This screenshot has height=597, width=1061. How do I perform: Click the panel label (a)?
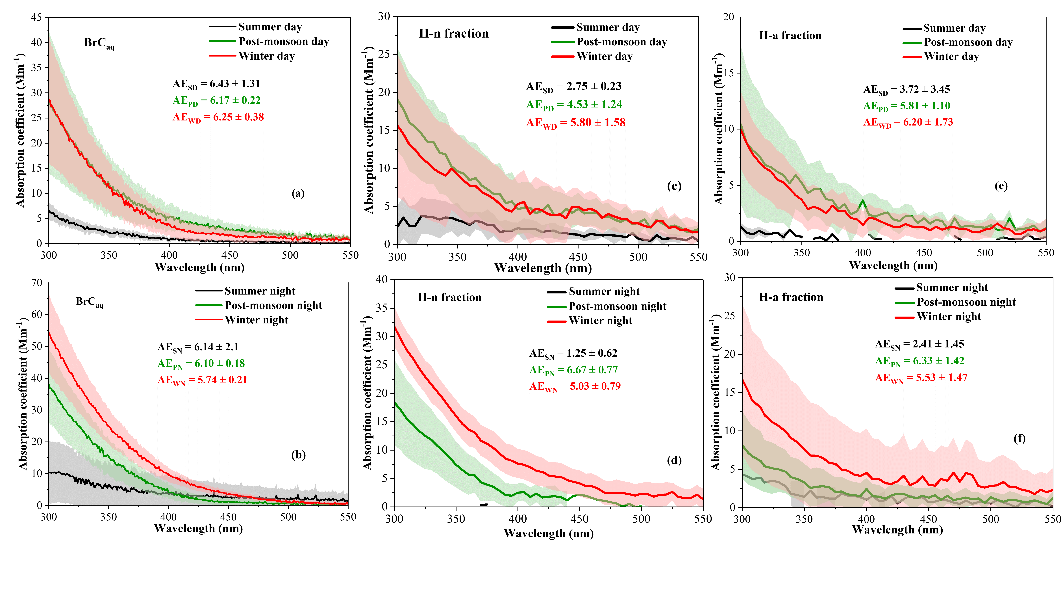click(298, 193)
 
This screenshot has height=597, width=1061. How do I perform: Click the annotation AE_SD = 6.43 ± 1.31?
click(216, 84)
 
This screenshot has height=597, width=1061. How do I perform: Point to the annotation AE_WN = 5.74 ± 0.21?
click(202, 380)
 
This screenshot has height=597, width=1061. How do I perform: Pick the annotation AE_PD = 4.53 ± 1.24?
click(574, 105)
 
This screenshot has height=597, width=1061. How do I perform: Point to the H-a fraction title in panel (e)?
click(790, 36)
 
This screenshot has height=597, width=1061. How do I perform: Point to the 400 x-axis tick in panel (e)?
click(863, 253)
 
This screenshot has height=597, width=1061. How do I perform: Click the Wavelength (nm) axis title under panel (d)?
click(548, 534)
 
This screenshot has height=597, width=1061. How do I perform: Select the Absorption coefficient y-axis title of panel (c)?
click(369, 130)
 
